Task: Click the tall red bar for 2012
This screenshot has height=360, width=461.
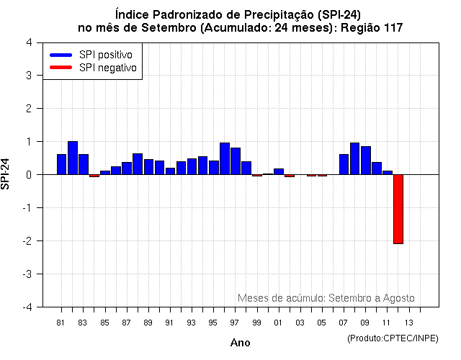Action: coord(398,209)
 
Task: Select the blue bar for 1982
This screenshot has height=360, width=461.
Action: coord(73,158)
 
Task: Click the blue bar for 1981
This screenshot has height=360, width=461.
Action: coord(62,164)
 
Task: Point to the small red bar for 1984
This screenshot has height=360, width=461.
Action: coord(94,176)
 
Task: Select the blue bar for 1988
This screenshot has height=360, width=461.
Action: coord(138,163)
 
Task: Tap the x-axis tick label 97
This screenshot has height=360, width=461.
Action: coord(235,323)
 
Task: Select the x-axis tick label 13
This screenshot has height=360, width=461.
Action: coord(408,323)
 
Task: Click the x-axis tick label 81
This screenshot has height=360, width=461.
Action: coord(61,323)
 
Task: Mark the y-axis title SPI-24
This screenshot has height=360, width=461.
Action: coord(6,174)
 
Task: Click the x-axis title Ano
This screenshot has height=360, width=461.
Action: coord(240,343)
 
